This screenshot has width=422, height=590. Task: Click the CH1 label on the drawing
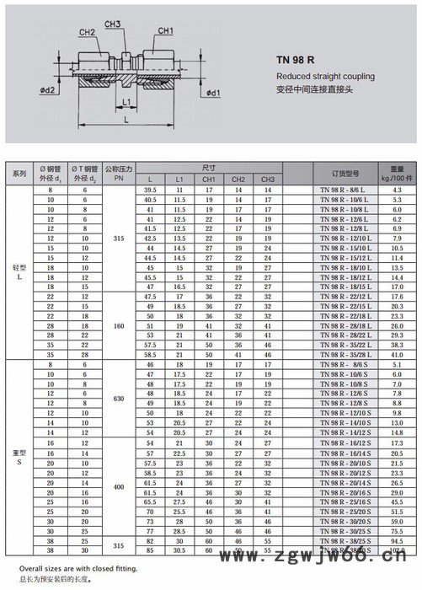166,31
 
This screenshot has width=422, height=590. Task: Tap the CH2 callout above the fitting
87,32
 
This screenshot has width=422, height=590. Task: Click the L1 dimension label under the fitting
126,103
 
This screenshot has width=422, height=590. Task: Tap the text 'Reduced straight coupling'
317,76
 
